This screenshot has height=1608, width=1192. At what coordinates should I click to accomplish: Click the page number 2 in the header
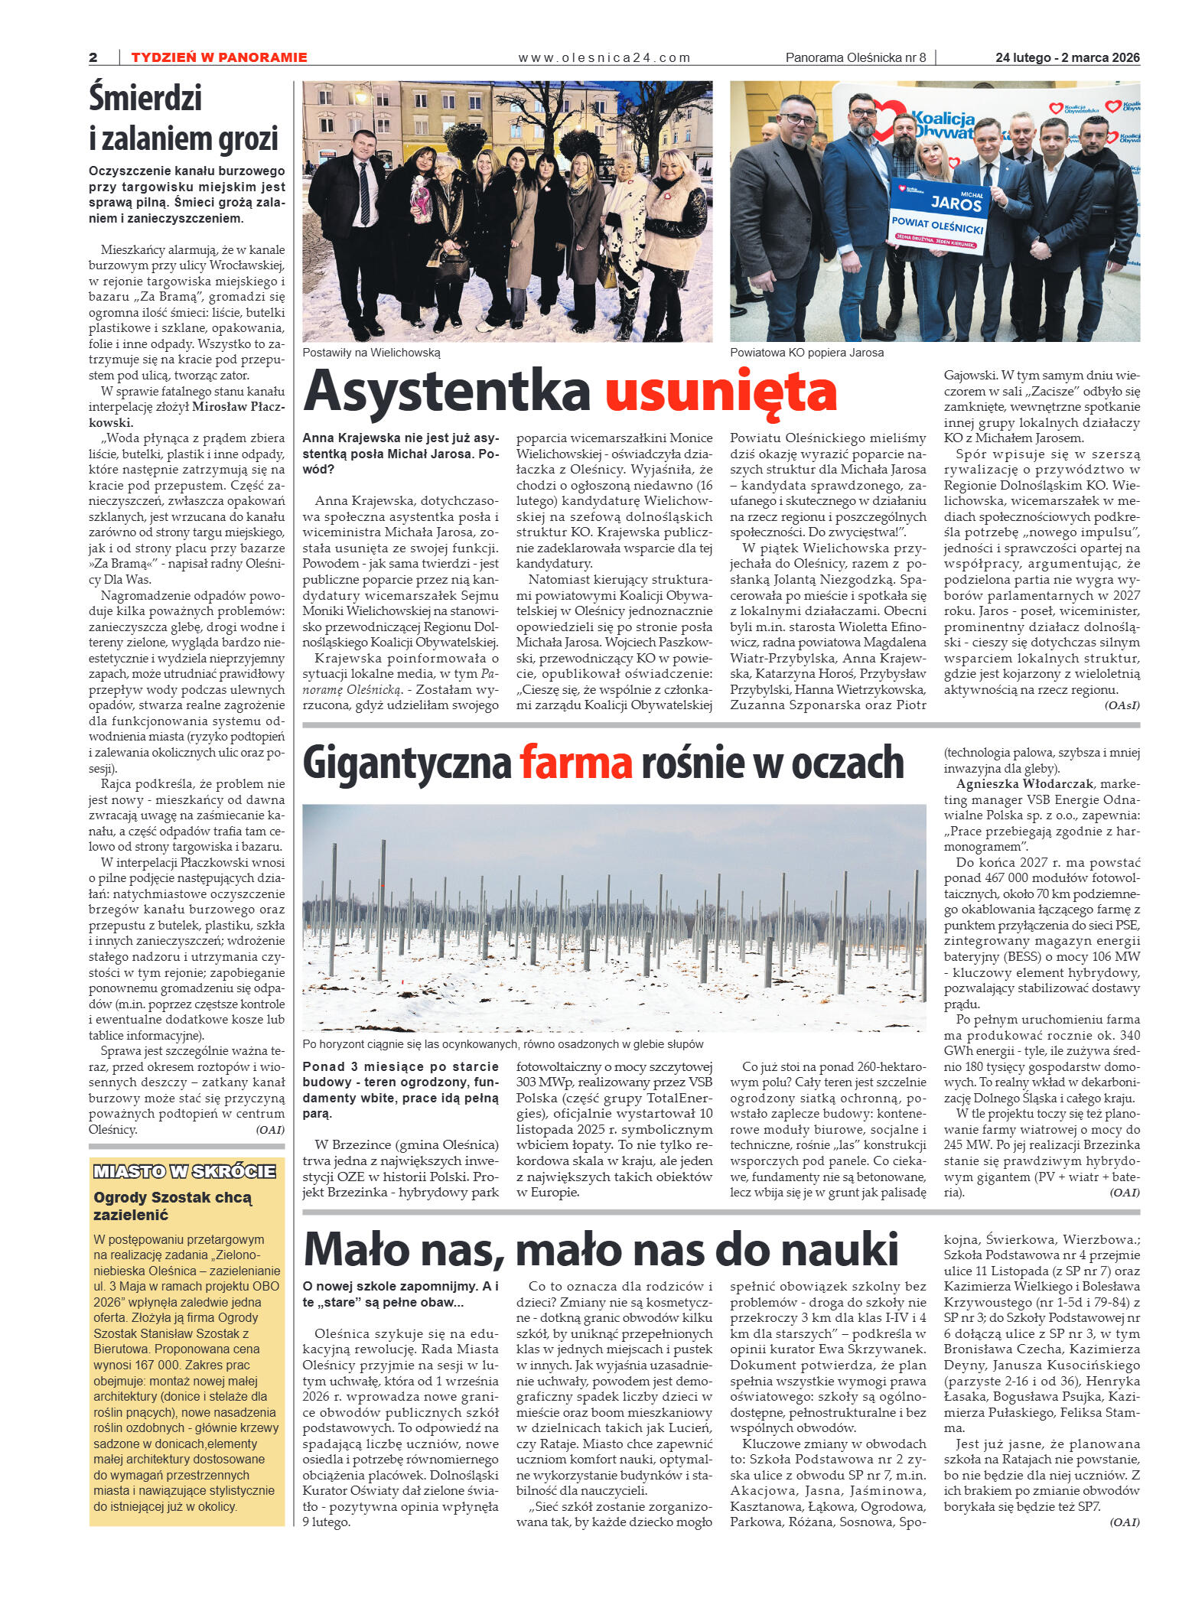tap(93, 57)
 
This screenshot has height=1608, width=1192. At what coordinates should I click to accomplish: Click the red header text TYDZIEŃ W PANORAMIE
tap(219, 57)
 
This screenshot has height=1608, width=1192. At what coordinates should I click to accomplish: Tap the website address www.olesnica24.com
tap(604, 57)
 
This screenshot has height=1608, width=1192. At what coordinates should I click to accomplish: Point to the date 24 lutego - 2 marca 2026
tap(1067, 57)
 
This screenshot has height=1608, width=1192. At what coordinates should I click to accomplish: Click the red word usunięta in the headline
tap(720, 391)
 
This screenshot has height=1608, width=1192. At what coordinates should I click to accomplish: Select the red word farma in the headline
tap(575, 763)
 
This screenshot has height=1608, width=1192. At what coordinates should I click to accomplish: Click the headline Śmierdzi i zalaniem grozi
tap(184, 118)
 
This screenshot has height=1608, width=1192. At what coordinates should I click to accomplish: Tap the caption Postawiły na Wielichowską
tap(371, 353)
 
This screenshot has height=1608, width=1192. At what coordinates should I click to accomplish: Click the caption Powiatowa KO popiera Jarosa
tap(806, 353)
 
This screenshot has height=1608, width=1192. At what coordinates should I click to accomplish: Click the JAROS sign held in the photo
tap(940, 214)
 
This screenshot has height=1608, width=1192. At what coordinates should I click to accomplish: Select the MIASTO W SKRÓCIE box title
tap(184, 1171)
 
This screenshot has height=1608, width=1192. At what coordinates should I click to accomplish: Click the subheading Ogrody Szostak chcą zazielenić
tap(172, 1206)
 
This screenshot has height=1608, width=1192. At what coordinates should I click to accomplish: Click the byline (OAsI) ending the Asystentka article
tap(1122, 705)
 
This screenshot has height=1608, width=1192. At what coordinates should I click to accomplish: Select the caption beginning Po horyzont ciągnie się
tap(503, 1044)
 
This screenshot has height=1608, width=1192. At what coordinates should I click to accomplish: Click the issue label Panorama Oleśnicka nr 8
tap(855, 57)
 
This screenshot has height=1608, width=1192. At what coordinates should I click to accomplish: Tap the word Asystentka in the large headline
tap(447, 391)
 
